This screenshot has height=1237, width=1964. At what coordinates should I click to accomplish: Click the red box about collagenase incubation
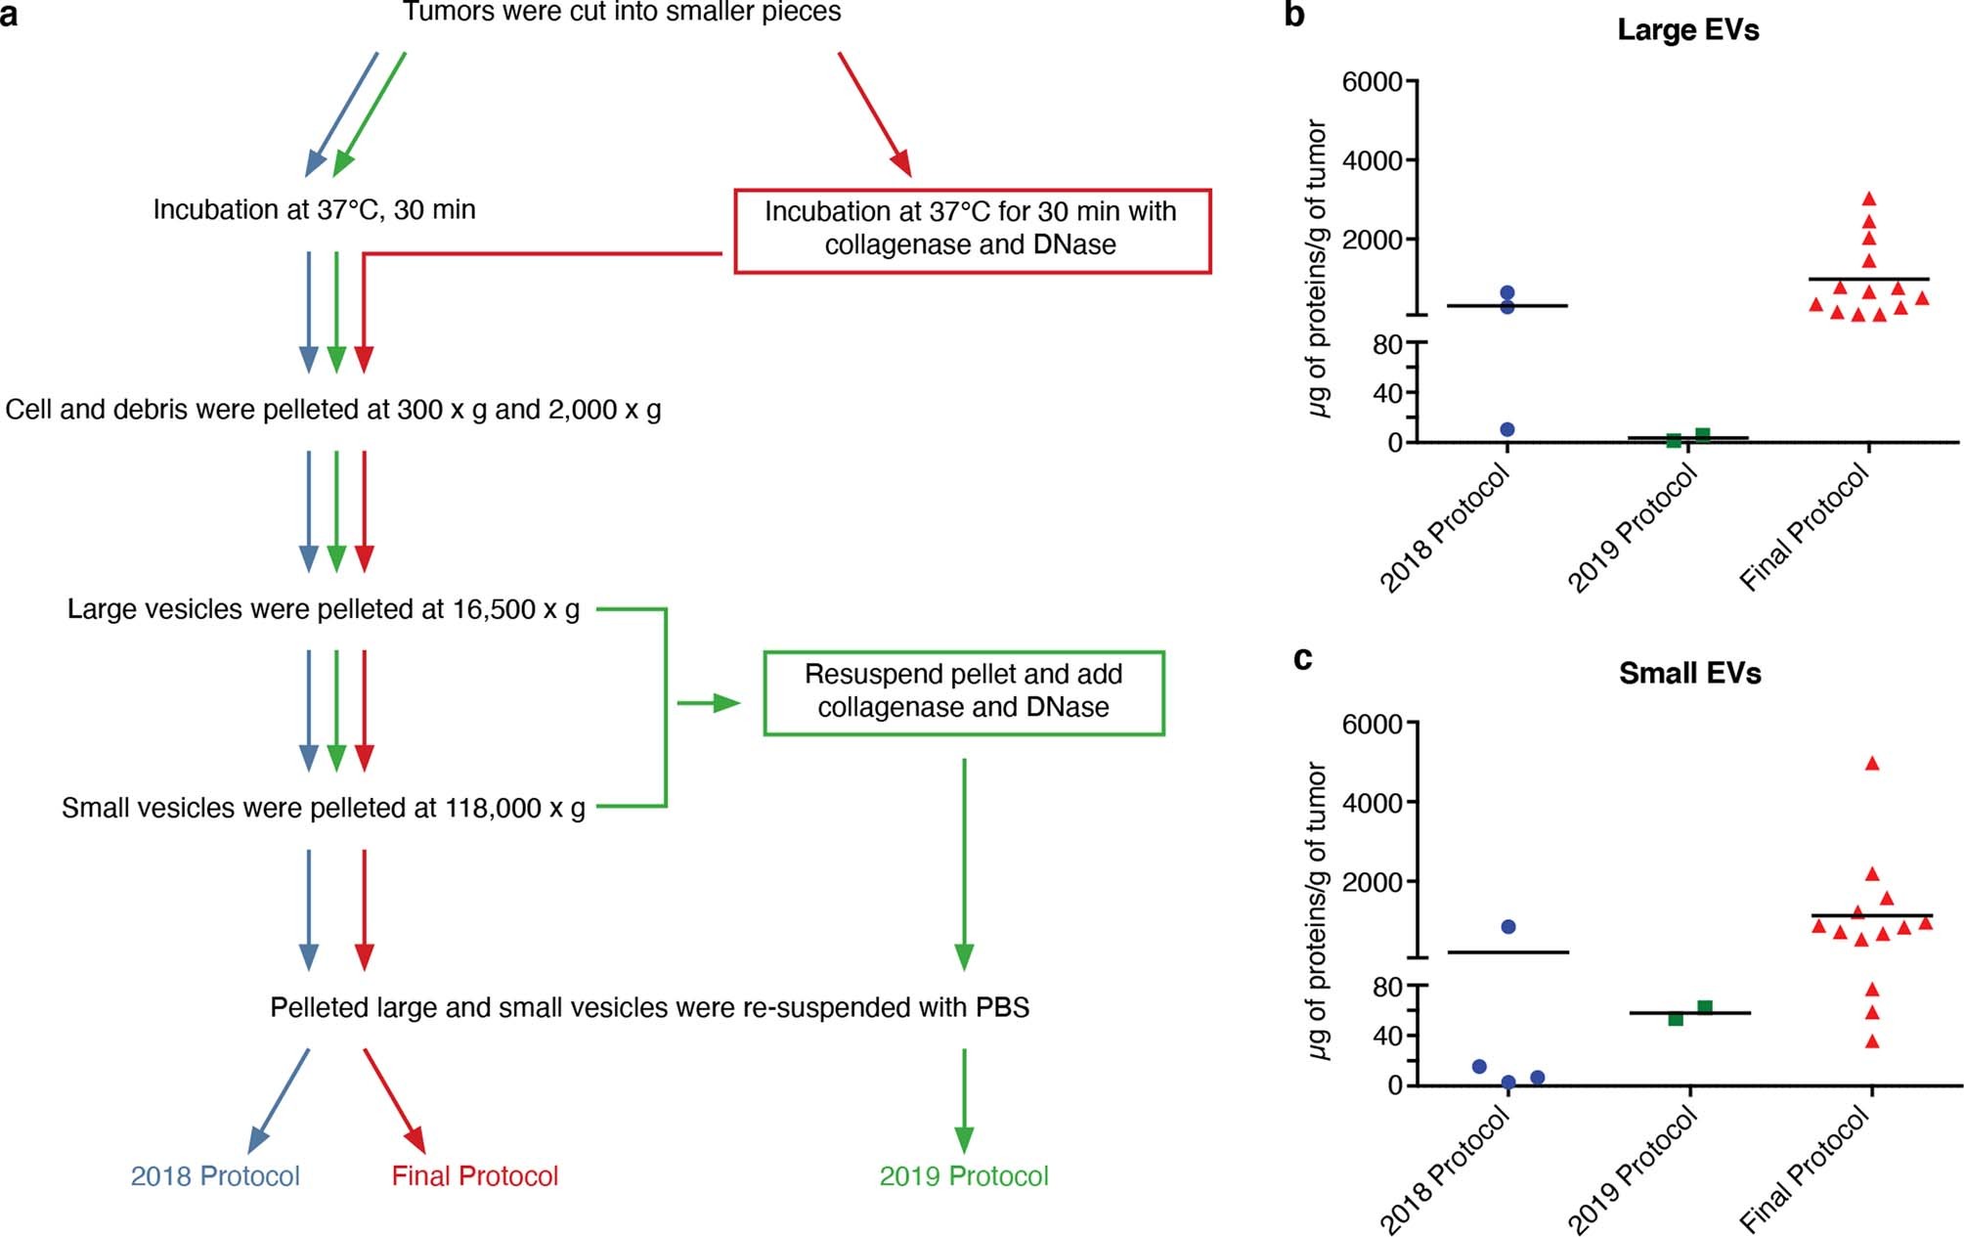(972, 231)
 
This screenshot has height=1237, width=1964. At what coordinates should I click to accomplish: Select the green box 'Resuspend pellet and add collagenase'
(963, 692)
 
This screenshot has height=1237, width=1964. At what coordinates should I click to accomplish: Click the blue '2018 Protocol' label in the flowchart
(215, 1175)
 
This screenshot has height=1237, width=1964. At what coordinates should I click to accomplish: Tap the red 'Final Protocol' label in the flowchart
(474, 1175)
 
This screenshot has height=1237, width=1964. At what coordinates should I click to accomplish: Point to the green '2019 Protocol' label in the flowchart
(963, 1175)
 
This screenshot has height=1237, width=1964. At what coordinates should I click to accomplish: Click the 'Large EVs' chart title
(1687, 29)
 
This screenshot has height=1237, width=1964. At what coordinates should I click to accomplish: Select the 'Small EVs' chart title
(1689, 673)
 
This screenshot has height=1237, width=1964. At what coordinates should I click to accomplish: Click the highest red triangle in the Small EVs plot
(1872, 764)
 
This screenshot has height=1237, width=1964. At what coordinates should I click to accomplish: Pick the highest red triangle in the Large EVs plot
(1869, 199)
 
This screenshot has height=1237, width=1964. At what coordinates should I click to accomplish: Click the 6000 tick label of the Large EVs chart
(1372, 82)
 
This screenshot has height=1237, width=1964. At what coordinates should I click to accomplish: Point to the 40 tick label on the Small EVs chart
(1387, 1037)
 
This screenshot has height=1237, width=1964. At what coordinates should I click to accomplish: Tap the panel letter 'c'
(1302, 658)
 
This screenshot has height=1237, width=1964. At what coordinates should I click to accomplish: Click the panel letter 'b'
(1294, 15)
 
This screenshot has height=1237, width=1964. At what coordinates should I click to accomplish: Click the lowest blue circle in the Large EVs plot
(1507, 429)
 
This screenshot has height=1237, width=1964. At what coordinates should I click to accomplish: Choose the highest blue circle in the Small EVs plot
(1508, 926)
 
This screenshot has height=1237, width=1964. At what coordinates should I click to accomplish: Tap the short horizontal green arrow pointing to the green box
(708, 703)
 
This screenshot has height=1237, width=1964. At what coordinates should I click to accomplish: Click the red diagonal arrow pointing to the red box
(874, 113)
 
